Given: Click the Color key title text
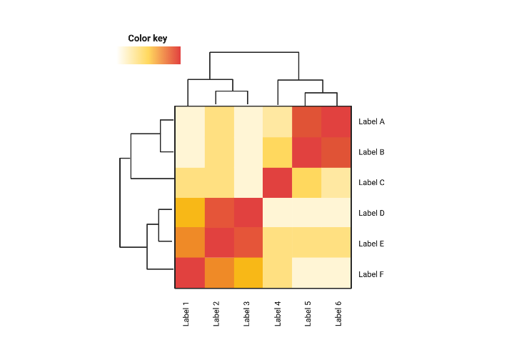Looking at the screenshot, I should click(147, 39).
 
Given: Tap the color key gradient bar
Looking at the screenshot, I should click(149, 56).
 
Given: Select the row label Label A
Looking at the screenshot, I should click(371, 121).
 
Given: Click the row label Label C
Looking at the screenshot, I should click(371, 183).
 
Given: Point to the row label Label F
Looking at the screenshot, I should click(371, 274).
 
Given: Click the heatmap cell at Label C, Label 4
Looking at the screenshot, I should click(278, 183).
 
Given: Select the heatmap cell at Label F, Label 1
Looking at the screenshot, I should click(190, 274).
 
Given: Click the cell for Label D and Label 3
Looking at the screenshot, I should click(248, 213).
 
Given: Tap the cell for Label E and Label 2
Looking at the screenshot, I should click(219, 244).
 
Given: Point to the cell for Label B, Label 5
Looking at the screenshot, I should click(307, 152).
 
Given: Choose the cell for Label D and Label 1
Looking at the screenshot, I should click(190, 213).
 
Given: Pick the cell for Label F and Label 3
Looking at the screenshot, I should click(248, 274).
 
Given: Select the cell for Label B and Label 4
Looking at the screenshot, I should click(278, 152).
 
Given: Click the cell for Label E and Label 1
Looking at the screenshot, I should click(190, 244).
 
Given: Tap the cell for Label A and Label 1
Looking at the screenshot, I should click(190, 121).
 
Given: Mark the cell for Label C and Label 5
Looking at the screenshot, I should click(307, 183).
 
